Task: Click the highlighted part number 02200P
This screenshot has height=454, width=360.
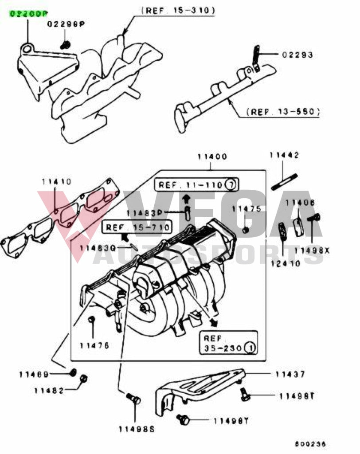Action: pos(27,14)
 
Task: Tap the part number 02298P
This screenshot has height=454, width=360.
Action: pos(66,24)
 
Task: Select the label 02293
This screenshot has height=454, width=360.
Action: pos(297,55)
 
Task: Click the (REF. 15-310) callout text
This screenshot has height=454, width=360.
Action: pos(178,10)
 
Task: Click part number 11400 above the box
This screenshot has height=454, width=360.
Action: pos(212,157)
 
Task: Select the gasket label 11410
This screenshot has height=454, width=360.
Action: pos(56,181)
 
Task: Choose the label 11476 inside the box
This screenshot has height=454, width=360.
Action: pos(94,345)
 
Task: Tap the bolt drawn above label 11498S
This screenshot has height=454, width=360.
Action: pos(133,399)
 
